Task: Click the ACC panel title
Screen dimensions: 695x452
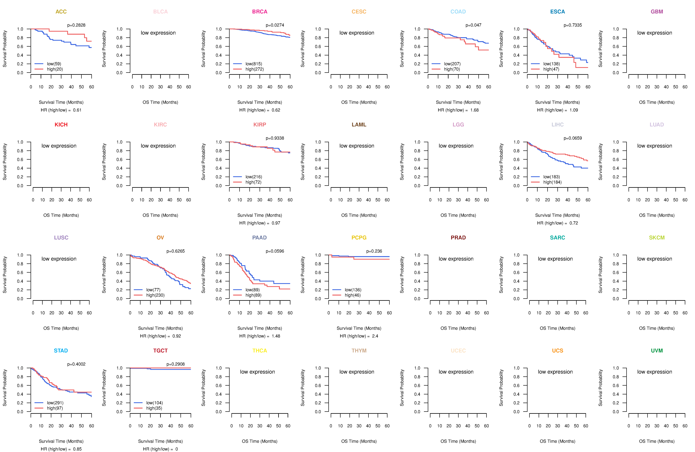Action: (x=61, y=12)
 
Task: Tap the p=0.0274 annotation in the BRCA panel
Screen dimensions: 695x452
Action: (x=275, y=25)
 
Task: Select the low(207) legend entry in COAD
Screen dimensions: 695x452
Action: (x=452, y=64)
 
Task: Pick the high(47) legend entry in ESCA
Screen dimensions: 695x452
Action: (x=551, y=69)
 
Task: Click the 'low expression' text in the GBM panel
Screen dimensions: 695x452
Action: (x=654, y=33)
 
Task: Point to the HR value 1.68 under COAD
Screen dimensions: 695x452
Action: (x=474, y=110)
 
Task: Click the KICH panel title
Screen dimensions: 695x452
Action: (x=61, y=125)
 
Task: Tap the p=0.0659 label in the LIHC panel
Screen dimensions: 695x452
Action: (x=573, y=138)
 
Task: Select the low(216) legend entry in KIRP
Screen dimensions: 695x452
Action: (x=254, y=177)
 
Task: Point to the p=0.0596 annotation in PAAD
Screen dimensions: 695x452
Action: (x=275, y=251)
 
